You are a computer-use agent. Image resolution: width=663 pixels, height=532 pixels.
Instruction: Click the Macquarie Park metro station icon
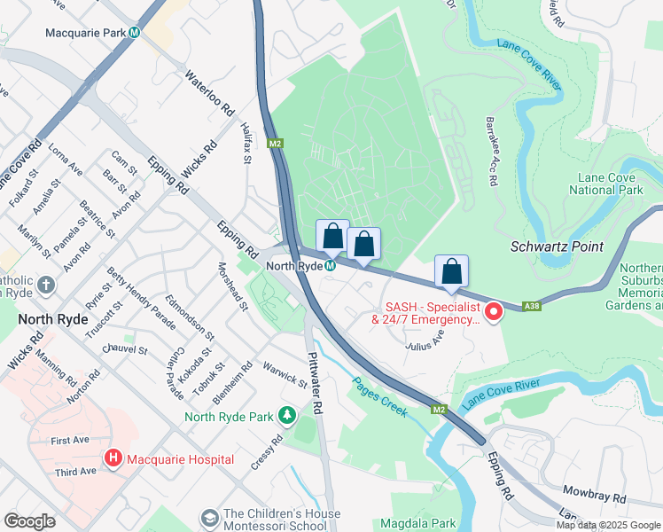click(135, 33)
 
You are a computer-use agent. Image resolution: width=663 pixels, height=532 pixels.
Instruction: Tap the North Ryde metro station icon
click(331, 266)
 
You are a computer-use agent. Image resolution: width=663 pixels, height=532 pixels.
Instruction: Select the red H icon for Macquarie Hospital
click(113, 459)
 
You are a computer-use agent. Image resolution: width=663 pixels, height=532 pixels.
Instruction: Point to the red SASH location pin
click(495, 311)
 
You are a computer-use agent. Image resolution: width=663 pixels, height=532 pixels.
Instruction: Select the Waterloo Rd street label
click(209, 96)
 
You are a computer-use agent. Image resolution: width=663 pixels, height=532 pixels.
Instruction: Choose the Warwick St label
click(284, 372)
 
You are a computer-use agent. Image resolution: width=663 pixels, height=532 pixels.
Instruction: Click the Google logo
click(30, 520)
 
